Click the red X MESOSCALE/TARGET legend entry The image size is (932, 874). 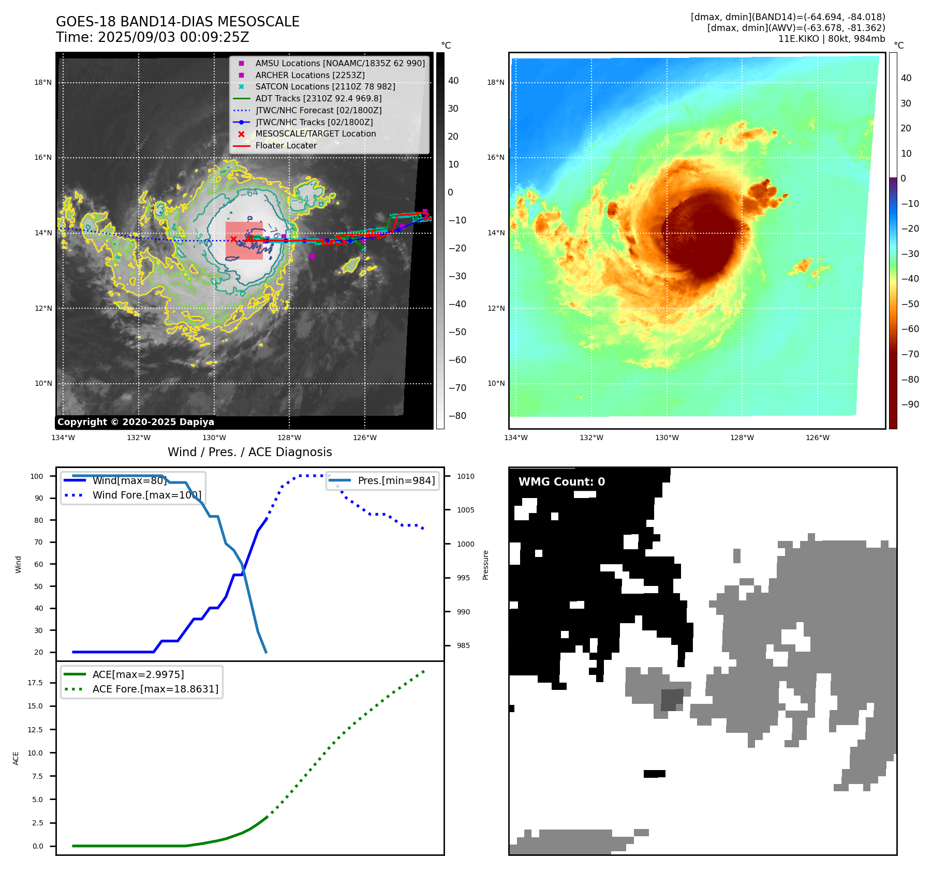(315, 134)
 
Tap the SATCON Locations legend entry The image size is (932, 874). (325, 86)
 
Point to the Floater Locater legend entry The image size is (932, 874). (286, 146)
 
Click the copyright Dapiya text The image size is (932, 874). (136, 422)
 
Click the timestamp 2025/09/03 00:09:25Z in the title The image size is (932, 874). (173, 38)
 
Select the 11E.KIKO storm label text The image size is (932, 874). (798, 39)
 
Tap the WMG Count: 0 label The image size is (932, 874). (561, 482)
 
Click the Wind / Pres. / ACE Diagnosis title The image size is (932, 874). (249, 452)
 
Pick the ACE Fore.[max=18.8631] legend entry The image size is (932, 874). (155, 689)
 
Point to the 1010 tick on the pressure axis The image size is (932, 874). (465, 476)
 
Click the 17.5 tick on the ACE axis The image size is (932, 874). (35, 683)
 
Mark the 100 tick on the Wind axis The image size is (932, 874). (37, 476)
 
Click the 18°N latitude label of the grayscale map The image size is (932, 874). (43, 82)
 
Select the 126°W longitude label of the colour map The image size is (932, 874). (817, 438)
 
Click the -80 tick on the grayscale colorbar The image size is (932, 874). (457, 416)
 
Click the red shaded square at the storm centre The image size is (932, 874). (244, 241)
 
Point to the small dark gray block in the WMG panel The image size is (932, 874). (672, 700)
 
